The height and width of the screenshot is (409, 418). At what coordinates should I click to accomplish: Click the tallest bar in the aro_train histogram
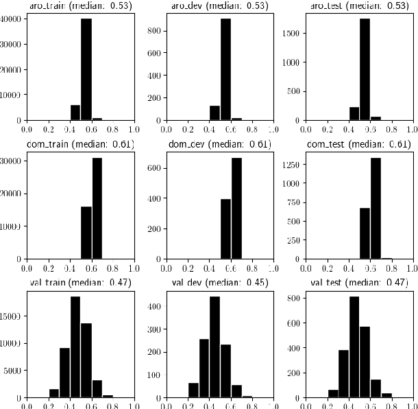pos(86,69)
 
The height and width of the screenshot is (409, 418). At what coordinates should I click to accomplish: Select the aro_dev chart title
pos(219,6)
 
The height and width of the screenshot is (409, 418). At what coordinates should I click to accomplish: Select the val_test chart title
pos(360,283)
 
